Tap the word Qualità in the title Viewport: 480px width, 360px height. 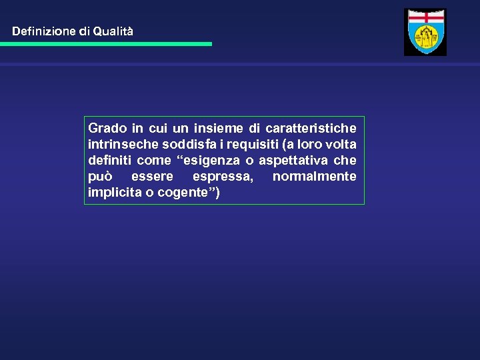click(113, 31)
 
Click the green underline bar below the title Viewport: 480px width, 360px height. click(106, 44)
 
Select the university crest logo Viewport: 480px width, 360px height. click(425, 32)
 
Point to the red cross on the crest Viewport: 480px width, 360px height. click(425, 19)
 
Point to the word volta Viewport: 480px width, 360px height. click(341, 144)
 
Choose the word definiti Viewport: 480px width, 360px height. click(109, 160)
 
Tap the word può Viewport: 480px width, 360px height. click(100, 177)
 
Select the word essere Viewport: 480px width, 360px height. click(152, 177)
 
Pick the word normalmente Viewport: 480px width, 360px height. click(314, 177)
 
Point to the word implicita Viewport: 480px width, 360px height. click(111, 193)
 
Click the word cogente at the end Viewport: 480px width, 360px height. click(183, 193)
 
